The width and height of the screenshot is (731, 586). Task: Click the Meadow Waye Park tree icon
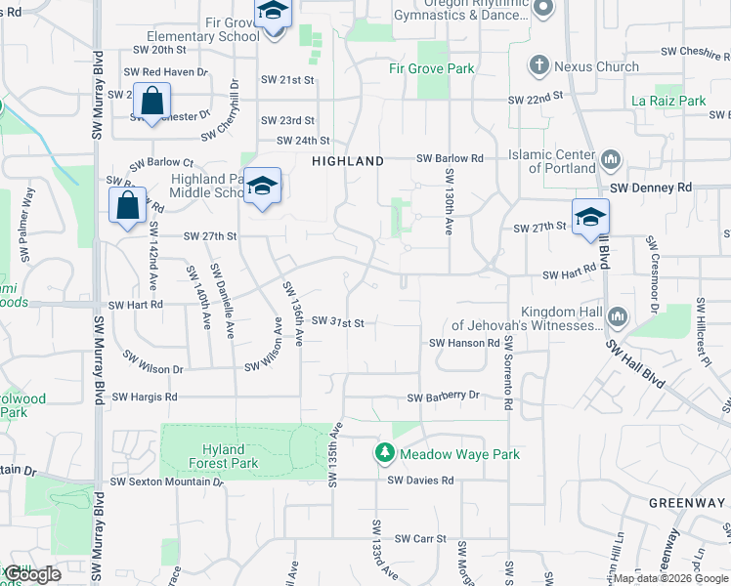point(385,454)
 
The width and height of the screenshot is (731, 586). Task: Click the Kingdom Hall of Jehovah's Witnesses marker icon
point(617,316)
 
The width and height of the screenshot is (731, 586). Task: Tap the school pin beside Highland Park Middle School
point(262,187)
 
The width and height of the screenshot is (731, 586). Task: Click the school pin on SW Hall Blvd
point(590,218)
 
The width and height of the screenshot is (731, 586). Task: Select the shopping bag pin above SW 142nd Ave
point(128,206)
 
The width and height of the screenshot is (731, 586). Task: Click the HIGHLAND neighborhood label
point(347,161)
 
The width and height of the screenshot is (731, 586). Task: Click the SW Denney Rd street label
point(650,187)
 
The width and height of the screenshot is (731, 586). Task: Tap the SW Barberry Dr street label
point(444,396)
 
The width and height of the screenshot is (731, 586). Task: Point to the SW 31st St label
point(337,321)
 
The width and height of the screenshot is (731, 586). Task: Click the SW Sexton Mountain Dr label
point(159,481)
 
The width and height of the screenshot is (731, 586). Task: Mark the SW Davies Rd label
point(420,481)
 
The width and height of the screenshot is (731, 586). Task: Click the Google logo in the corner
point(31,574)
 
